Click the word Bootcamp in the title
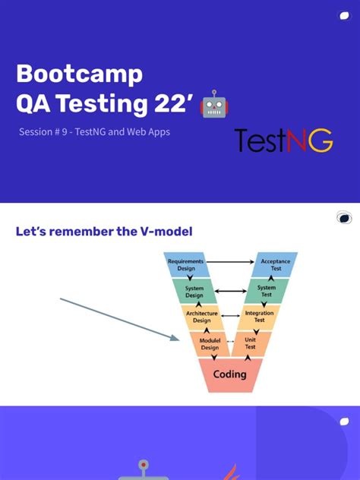(x=79, y=74)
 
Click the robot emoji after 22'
(x=214, y=105)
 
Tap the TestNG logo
(x=283, y=141)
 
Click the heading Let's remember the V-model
(x=104, y=232)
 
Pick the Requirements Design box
(x=186, y=264)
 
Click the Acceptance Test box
(x=275, y=264)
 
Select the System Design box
(x=194, y=291)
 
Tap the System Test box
(x=266, y=291)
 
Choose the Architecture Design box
(x=201, y=317)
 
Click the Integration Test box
(x=259, y=317)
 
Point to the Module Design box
(x=209, y=343)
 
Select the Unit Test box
(x=250, y=343)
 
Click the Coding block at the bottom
(x=229, y=374)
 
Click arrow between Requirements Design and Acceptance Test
(x=230, y=262)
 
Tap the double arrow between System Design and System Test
(x=230, y=291)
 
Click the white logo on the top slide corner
(x=344, y=16)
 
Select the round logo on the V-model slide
(x=344, y=219)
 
